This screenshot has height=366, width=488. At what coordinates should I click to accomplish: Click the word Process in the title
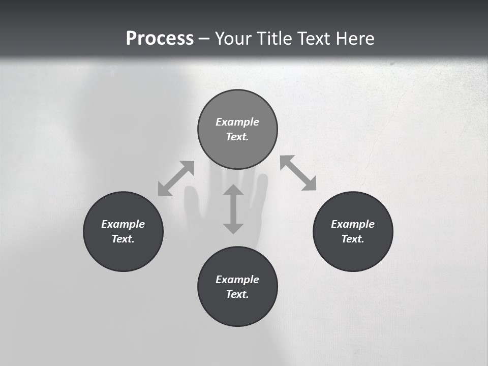point(160,38)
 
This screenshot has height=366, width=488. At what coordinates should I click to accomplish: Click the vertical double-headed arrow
point(233,209)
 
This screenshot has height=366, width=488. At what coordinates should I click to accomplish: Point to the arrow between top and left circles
point(176,178)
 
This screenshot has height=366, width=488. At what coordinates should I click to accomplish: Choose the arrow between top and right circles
point(298,173)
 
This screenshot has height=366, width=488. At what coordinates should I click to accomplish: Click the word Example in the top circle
point(237,122)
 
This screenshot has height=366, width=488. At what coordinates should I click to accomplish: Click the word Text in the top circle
point(237,137)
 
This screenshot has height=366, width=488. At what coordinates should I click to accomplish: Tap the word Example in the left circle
point(123,224)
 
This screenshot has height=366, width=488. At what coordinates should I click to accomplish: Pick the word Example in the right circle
point(353,224)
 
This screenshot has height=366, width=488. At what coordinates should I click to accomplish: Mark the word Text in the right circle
point(352,239)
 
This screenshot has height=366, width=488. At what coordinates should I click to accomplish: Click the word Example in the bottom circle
point(237,280)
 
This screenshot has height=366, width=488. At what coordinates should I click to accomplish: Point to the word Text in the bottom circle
point(237,294)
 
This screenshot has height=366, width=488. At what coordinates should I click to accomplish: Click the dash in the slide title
point(204,39)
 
